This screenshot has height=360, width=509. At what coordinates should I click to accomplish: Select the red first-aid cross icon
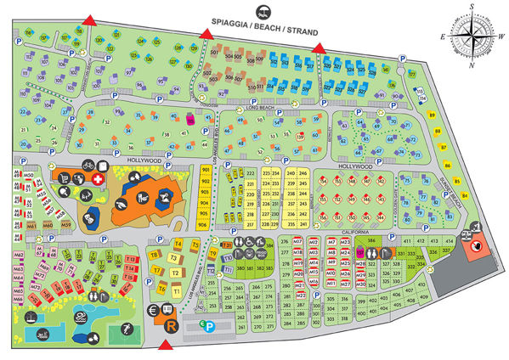(98, 181)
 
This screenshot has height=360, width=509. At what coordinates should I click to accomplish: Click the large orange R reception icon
(172, 326)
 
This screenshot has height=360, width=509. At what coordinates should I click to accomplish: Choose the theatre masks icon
(89, 217)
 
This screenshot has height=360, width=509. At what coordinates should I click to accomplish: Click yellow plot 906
(203, 225)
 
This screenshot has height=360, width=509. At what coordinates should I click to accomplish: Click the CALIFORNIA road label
(353, 231)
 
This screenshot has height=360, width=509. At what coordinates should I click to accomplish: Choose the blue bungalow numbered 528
(371, 73)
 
